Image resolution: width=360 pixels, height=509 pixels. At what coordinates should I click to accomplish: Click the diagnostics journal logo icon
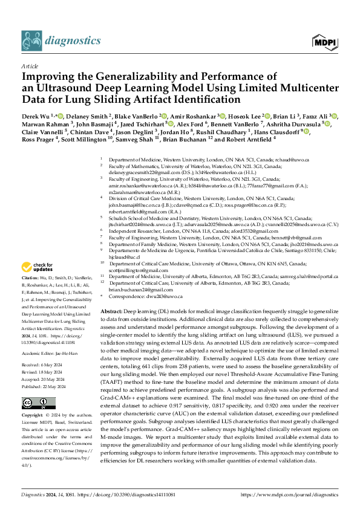point(31,41)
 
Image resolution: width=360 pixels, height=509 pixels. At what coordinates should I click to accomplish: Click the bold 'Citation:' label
point(31,279)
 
